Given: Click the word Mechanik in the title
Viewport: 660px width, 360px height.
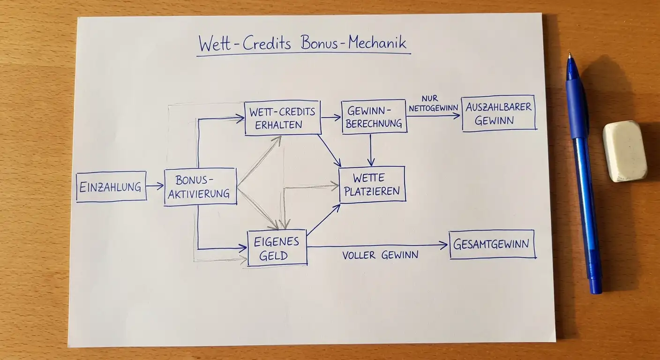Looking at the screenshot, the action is pos(377,43).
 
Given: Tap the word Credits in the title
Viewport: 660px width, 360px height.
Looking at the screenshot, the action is pos(267,43).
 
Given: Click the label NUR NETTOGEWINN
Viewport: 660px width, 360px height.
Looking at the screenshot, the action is pos(433,104).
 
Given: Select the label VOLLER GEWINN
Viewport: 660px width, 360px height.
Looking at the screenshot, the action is pos(380,255).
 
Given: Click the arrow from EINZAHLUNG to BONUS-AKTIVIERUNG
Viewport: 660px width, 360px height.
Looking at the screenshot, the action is pos(155,186).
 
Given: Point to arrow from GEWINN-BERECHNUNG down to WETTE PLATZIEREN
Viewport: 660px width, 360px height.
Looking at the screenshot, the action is pos(371,150).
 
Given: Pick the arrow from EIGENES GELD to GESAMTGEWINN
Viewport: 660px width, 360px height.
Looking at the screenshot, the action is pos(377,246).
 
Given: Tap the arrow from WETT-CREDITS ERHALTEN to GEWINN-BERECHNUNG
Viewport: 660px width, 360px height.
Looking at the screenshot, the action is pos(331,118).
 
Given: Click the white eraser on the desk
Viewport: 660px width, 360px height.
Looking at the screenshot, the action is pos(624,151).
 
